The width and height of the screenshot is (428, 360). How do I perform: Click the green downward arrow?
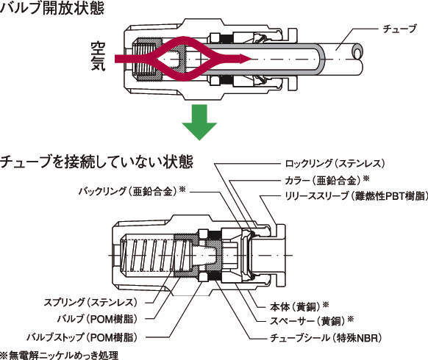click(199, 122)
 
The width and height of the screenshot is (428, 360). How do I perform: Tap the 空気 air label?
click(98, 56)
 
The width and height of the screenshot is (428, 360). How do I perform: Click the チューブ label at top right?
click(400, 29)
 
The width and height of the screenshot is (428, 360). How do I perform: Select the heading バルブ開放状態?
click(52, 8)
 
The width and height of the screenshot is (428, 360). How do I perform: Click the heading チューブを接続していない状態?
click(96, 162)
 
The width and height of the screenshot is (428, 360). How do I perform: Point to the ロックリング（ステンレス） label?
click(335, 164)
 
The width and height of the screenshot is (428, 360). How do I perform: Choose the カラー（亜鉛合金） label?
click(327, 180)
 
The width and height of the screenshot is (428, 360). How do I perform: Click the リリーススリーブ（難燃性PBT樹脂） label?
click(356, 196)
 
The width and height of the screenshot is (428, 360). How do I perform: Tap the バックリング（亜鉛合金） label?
click(132, 191)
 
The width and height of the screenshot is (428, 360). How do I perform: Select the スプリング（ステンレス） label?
click(90, 302)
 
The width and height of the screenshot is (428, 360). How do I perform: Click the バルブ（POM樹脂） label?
click(97, 319)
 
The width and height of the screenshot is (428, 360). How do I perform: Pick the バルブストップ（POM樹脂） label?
click(82, 337)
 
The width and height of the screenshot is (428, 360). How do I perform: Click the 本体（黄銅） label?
click(299, 306)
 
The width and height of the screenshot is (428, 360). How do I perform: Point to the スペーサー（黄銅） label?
click(312, 321)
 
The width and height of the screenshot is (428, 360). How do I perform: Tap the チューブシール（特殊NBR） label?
click(326, 338)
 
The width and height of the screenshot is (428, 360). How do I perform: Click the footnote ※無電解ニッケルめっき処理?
click(60, 355)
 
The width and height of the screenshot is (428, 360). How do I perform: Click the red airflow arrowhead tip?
click(251, 59)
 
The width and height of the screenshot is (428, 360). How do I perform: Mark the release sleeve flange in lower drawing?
click(281, 255)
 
